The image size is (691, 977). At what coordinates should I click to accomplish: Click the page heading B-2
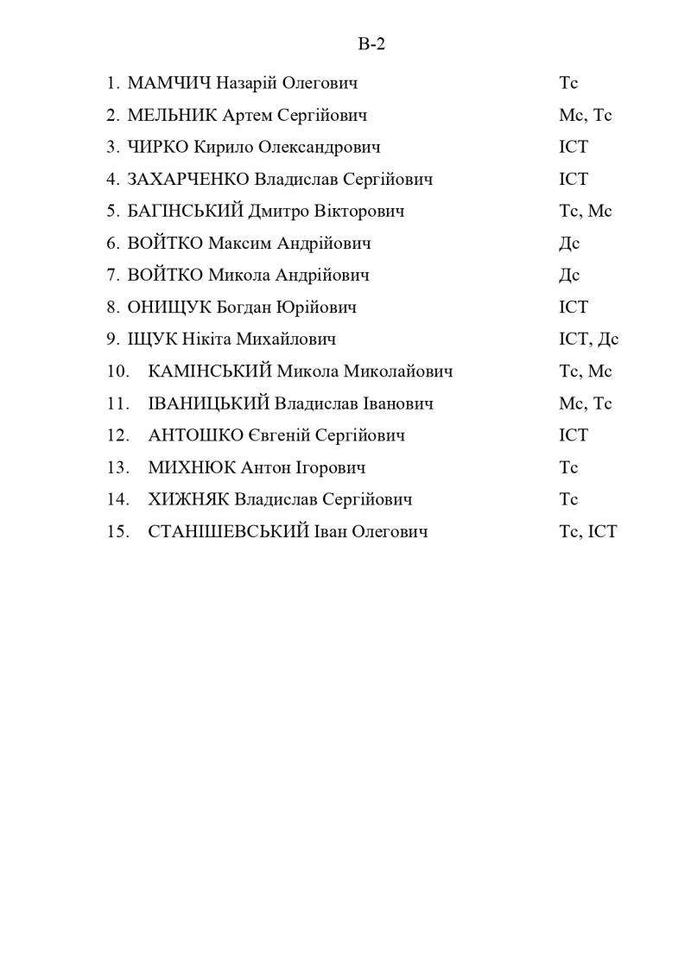coord(371,45)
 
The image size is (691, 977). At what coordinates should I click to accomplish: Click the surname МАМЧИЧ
coord(169,84)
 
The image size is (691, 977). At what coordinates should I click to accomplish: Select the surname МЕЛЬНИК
coord(172,116)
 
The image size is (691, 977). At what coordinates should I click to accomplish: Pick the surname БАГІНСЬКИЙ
coord(185,212)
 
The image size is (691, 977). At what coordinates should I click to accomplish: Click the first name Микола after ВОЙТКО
coord(239,276)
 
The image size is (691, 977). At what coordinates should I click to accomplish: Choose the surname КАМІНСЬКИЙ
coord(210,371)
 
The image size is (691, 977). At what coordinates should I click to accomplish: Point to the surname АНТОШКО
coord(195,435)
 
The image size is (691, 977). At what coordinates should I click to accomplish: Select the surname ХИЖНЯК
coord(189,499)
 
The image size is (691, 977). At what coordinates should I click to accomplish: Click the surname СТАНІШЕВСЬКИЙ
coord(228,531)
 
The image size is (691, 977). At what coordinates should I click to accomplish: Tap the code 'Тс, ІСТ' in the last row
coord(588,531)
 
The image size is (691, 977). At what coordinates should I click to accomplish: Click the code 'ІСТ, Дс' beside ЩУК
coord(588,339)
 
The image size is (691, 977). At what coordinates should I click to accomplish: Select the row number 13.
coord(118,467)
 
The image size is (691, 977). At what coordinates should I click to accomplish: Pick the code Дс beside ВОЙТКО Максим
coord(569,244)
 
